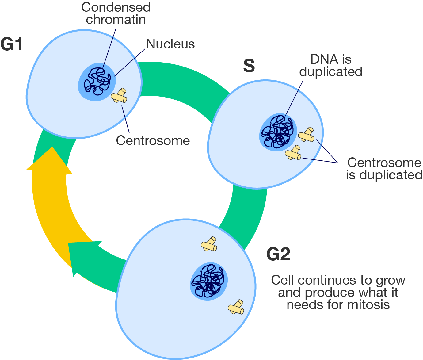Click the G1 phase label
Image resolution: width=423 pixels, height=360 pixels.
[x=12, y=44]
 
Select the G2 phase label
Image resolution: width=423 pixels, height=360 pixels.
[x=278, y=254]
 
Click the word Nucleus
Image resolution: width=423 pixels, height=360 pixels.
[x=170, y=44]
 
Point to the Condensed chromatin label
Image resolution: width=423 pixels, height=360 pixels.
[x=116, y=13]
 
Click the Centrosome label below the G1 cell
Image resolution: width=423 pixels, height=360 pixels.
[x=153, y=140]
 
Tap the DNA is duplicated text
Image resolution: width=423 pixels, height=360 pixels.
[x=331, y=65]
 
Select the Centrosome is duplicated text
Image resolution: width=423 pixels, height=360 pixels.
[x=384, y=169]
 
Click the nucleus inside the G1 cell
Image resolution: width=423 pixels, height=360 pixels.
[x=97, y=82]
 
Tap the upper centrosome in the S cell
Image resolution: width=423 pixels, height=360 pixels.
[x=307, y=135]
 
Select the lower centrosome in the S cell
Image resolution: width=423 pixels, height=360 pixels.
[x=293, y=153]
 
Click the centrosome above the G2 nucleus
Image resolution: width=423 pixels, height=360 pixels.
[x=209, y=244]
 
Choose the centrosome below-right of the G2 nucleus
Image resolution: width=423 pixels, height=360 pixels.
[x=236, y=308]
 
